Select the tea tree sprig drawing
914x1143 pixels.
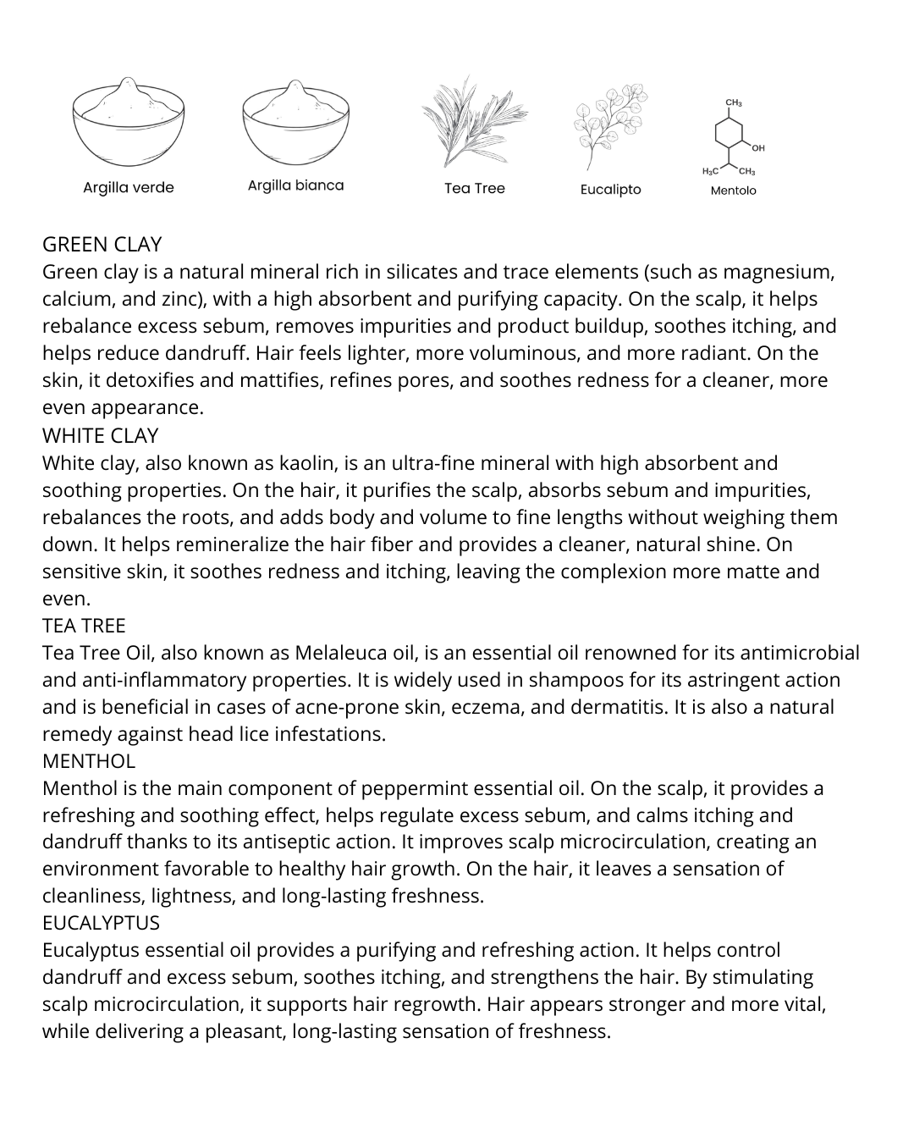(473, 123)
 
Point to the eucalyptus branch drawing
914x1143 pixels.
(609, 125)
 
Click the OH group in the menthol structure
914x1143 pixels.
(758, 148)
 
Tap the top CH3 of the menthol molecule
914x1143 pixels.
(734, 103)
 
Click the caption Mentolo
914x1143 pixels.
(733, 190)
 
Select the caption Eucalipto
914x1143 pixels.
(610, 190)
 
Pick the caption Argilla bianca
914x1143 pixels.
(295, 185)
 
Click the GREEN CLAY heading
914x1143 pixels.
(102, 245)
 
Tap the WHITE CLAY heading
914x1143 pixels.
(100, 436)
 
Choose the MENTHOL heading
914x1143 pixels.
(88, 761)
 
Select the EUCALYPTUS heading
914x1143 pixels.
(101, 923)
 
